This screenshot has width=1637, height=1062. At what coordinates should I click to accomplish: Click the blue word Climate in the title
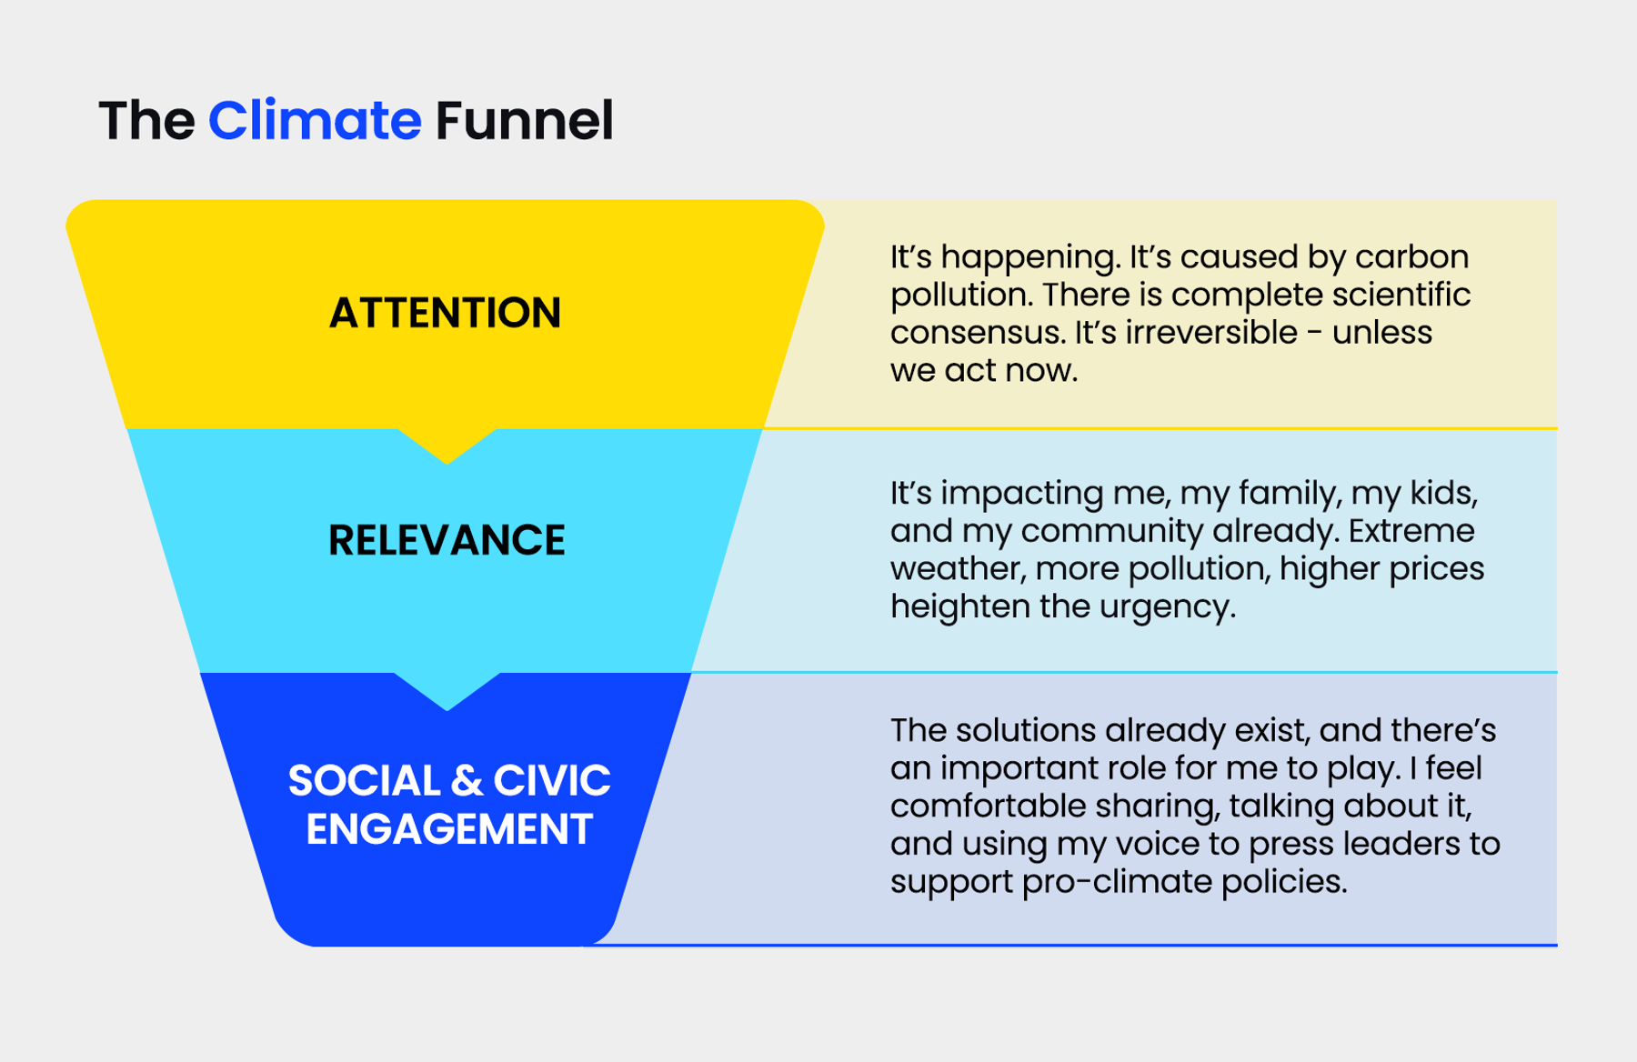[315, 120]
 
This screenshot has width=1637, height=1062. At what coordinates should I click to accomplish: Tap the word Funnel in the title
[524, 120]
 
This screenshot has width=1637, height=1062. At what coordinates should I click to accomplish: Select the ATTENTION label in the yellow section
[445, 313]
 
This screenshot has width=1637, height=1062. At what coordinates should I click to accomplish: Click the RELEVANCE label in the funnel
[447, 540]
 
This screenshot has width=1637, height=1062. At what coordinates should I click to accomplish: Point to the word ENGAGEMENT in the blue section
[449, 829]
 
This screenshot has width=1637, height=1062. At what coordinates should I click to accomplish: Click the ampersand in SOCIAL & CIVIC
[466, 781]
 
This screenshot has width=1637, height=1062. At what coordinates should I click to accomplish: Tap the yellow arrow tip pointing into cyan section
[447, 463]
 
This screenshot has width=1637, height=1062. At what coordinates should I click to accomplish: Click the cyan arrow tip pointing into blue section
[447, 708]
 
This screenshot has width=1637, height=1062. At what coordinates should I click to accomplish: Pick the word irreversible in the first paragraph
[1211, 333]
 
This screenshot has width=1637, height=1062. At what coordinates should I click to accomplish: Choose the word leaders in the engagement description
[1401, 844]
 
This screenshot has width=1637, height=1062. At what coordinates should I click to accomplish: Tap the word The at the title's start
[146, 120]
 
